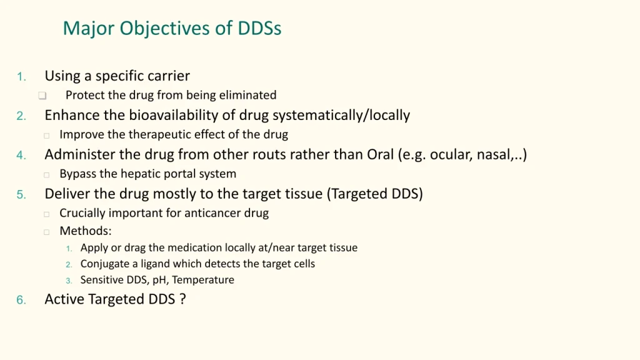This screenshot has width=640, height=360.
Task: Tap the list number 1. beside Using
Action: tap(21, 77)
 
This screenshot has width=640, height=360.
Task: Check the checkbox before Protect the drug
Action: tap(42, 96)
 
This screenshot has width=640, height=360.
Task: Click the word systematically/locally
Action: tap(341, 116)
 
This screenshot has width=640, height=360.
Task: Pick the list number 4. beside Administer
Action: tap(21, 156)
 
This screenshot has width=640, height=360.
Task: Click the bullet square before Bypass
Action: tap(46, 175)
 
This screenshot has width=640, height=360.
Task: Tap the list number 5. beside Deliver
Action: tap(21, 195)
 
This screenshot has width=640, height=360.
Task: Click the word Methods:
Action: tap(85, 231)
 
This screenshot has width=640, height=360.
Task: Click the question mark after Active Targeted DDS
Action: tap(182, 299)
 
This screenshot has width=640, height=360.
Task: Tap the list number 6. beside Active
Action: tap(21, 301)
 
